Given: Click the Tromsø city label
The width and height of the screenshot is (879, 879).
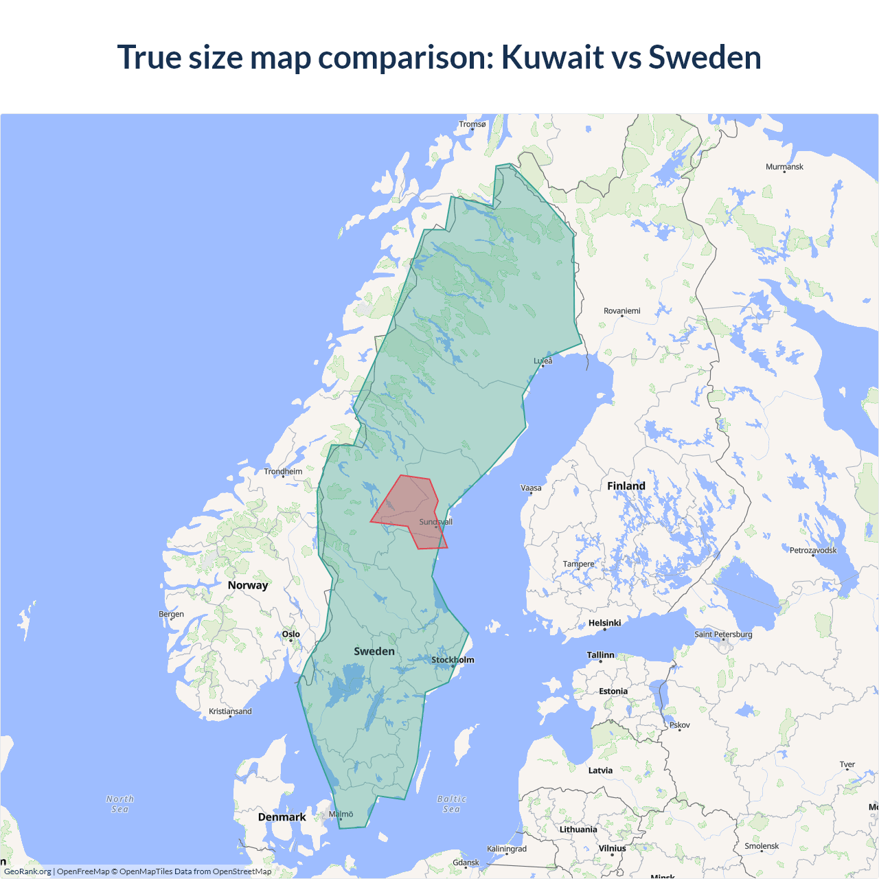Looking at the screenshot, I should tap(472, 124).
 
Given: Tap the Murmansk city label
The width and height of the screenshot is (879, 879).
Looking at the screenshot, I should tap(784, 167).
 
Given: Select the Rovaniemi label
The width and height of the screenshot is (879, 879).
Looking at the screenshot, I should tap(621, 311).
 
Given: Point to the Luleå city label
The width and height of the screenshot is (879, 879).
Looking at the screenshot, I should tap(543, 361).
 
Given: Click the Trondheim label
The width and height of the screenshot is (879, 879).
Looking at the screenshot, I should tap(283, 471).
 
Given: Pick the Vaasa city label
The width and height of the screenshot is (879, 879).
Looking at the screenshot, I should tap(531, 488).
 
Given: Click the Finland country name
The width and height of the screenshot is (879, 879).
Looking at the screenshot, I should tap(626, 486).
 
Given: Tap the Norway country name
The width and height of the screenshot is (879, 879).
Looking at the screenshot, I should tap(248, 585).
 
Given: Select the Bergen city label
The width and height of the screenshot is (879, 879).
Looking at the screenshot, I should tap(171, 614).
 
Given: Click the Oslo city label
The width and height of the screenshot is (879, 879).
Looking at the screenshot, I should tap(291, 634).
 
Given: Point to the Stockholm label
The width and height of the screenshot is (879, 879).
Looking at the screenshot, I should tap(453, 660).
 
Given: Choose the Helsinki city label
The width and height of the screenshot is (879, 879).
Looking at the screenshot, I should tap(604, 623).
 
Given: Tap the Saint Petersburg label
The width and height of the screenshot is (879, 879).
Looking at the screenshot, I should tap(723, 634).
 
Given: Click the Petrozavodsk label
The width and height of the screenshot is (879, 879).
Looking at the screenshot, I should tap(813, 550).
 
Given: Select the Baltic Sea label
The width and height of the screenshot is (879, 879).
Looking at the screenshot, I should tap(451, 804).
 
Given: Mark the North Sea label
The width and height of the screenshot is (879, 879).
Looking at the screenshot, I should tap(120, 804).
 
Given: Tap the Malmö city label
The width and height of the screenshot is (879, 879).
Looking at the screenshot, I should tap(341, 814).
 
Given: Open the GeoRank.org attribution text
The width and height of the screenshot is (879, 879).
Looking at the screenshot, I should tap(27, 871).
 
